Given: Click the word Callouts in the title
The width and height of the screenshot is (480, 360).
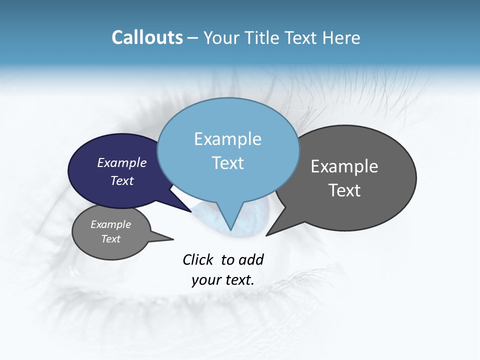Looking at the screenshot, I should [147, 37].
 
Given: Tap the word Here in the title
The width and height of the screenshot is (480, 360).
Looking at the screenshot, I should [341, 38].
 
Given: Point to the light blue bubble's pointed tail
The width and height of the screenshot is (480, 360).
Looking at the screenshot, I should [230, 220].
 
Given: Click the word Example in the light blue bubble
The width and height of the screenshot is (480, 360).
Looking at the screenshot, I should [228, 139].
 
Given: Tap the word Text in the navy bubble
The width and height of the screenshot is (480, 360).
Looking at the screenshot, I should [122, 180].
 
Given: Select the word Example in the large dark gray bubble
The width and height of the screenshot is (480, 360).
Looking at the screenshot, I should [344, 166].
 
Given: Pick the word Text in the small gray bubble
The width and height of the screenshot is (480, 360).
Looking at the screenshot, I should [111, 239].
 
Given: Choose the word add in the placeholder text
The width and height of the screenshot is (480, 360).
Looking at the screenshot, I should [251, 259].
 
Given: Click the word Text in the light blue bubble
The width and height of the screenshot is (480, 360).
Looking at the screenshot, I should [228, 163].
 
